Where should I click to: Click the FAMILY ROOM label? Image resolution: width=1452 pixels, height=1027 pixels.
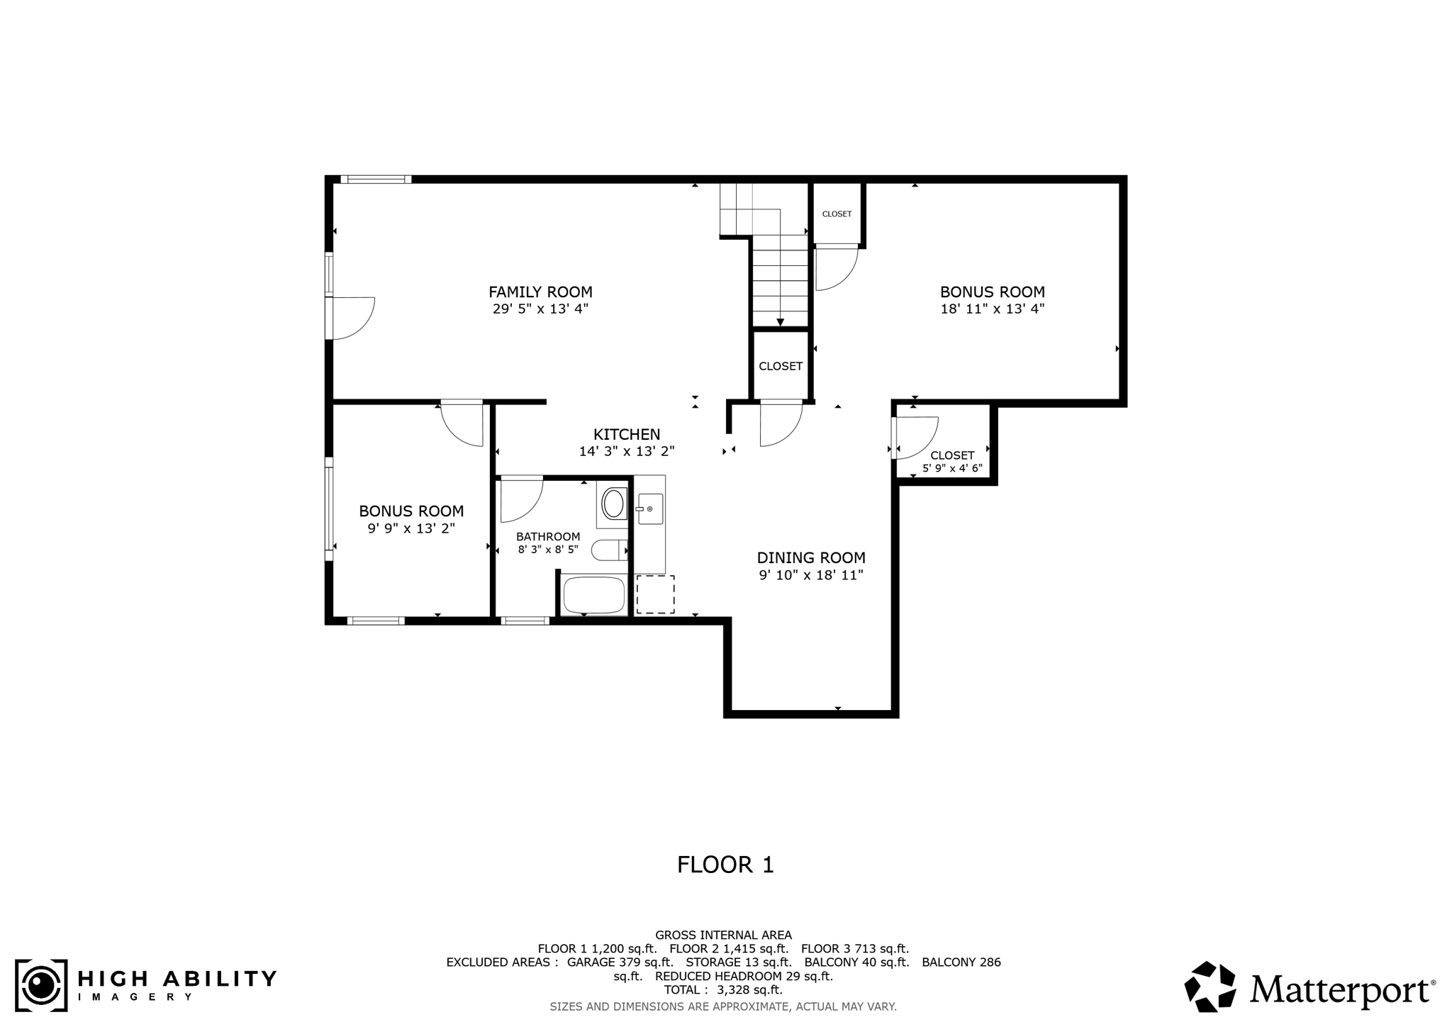540,292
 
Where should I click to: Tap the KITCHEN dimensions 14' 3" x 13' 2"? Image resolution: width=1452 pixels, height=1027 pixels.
627,451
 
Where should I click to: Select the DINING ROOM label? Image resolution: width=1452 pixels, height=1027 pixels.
811,557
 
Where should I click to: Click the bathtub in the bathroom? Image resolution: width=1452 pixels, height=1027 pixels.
593,595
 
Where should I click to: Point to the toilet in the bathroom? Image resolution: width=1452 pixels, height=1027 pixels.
608,550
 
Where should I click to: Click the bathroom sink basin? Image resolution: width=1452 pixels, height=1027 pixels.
613,504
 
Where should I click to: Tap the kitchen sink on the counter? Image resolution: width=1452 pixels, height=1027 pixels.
649,509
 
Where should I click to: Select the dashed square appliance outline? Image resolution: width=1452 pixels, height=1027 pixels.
655,594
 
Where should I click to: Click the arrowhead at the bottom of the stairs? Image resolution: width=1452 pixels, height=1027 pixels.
780,323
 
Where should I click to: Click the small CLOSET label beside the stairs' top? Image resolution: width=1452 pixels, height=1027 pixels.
837,214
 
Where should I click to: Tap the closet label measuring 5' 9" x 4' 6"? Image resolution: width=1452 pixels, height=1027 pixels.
952,468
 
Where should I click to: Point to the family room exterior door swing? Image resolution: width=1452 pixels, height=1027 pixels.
353,318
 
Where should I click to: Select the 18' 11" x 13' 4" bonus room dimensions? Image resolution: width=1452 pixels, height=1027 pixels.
992,309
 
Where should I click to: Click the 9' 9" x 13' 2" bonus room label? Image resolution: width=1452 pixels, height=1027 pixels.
411,511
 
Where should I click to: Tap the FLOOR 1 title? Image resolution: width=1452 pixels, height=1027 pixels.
725,865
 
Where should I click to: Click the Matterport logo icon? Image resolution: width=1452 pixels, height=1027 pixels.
1210,986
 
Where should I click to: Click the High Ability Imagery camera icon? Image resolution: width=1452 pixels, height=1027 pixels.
41,985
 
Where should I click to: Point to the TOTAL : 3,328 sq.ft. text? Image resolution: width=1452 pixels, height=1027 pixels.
722,989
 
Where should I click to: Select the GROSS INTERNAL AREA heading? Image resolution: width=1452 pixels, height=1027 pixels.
723,935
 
